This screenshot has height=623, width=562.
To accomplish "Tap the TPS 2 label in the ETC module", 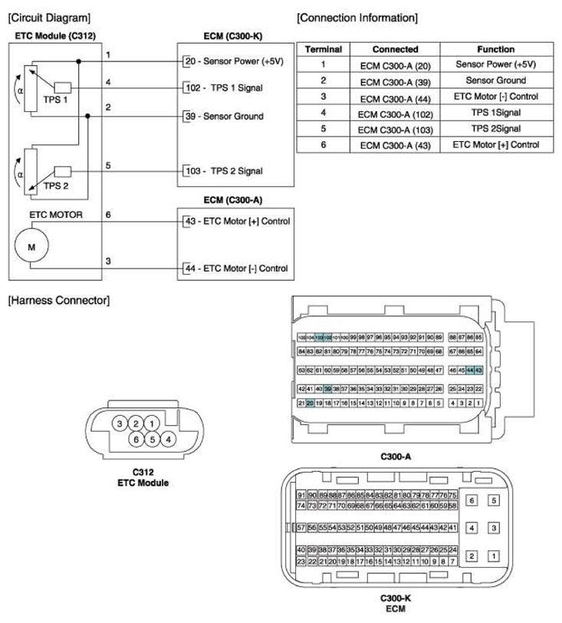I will coord(35,186).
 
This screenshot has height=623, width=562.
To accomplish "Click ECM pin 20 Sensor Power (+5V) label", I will coord(235,61).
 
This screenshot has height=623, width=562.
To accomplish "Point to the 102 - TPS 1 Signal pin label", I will coord(224,88).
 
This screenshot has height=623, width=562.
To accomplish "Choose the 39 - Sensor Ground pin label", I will coord(224,117).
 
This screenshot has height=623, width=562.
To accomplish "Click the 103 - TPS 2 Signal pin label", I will coord(224,172).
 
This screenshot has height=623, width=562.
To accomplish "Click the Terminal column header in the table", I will coord(323,48).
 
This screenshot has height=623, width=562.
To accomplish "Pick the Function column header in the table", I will coord(495,48).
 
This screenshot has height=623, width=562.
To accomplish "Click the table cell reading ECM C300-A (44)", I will coord(395,97).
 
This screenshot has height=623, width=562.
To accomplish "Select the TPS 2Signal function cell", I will coord(495,128).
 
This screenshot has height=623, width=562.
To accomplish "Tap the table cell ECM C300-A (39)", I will coord(395,81).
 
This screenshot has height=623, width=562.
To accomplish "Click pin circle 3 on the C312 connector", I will coord(120,424).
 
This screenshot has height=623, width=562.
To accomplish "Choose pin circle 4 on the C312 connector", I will coord(169,440).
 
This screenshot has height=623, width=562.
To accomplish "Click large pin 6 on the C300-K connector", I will coord(472,500).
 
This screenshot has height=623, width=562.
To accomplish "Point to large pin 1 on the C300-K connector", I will coord(495,555).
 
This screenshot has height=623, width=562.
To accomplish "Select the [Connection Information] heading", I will coord(357,17).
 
